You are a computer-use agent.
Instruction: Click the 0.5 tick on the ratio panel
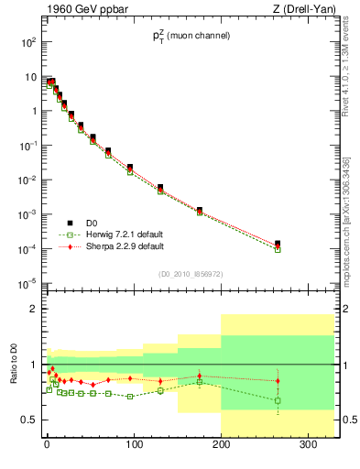30,420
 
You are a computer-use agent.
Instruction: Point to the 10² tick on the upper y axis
27,42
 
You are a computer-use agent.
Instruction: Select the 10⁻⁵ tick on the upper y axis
27,283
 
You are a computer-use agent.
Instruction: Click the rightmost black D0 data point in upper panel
278,244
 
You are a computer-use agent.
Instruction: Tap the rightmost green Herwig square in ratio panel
278,400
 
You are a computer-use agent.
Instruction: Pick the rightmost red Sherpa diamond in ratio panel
278,381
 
